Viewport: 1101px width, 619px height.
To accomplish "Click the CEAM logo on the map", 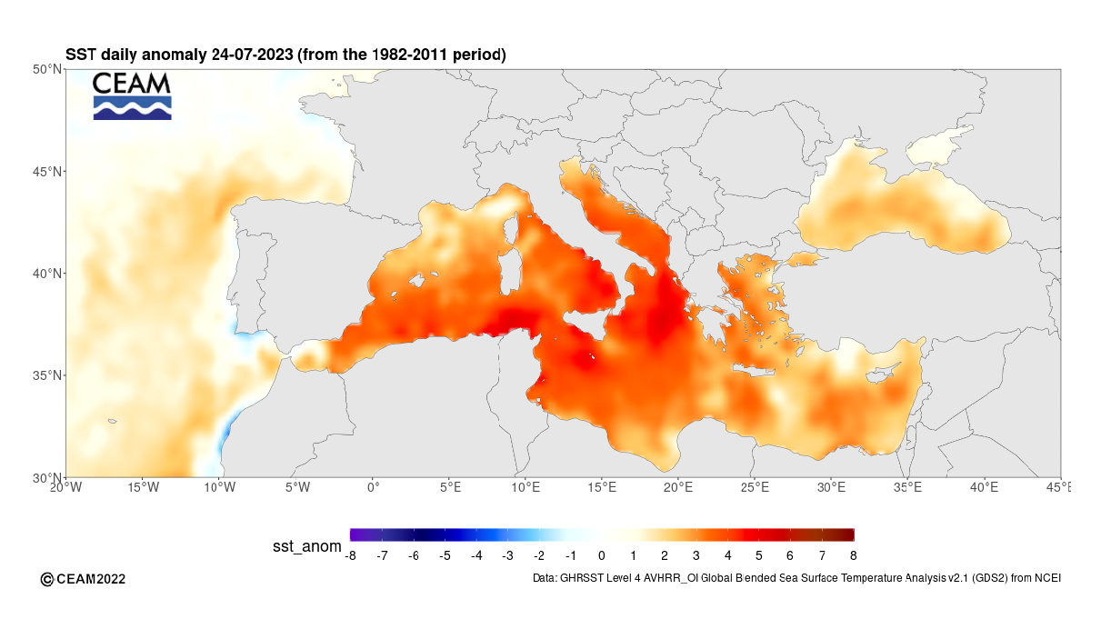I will pyautogui.click(x=132, y=96).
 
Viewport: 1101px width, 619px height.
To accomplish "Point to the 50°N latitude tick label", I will pyautogui.click(x=45, y=69).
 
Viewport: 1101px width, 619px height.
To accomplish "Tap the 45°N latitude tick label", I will pyautogui.click(x=45, y=171).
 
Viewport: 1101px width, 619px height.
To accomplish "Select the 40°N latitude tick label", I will pyautogui.click(x=45, y=274).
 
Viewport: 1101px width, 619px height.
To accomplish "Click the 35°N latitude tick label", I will pyautogui.click(x=45, y=375).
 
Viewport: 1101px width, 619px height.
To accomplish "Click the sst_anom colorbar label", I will pyautogui.click(x=307, y=546).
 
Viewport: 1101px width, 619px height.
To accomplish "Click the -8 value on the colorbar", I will pyautogui.click(x=351, y=554).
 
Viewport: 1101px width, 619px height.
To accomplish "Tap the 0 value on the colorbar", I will pyautogui.click(x=602, y=554).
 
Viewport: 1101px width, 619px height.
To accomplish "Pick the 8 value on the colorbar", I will pyautogui.click(x=853, y=554).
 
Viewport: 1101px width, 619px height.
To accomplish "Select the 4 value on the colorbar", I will pyautogui.click(x=727, y=554).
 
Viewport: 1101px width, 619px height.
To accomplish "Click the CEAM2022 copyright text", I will pyautogui.click(x=84, y=579).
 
